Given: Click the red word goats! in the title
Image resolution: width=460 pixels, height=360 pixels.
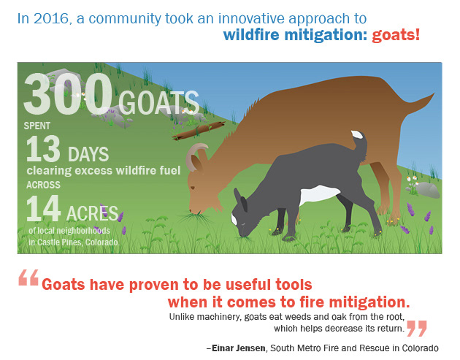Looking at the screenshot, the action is [396, 35].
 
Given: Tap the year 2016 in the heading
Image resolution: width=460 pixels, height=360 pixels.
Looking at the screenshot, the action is [51, 18].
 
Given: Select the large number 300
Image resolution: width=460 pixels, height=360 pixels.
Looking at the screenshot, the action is [68, 93].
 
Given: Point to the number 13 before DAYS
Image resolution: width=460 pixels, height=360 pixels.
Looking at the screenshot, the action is [43, 149].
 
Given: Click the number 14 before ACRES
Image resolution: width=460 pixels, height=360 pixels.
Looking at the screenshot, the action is [43, 209].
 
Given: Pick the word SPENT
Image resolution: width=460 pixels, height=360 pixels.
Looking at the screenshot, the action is [37, 126].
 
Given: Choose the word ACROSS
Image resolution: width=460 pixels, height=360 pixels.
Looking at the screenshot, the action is [43, 185].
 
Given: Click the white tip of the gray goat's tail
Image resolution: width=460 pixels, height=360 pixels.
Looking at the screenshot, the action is [357, 134].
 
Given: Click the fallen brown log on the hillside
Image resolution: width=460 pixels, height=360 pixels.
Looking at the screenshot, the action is [199, 131].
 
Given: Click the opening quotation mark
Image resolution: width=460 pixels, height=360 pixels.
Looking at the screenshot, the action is [28, 277].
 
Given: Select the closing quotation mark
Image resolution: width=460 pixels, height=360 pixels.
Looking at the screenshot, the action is [417, 329].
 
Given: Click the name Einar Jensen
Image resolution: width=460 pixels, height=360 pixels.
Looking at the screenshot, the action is [239, 348].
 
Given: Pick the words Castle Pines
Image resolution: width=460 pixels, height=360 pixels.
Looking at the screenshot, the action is [60, 242].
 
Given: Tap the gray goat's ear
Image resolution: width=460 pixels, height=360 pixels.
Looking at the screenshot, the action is [240, 199].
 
